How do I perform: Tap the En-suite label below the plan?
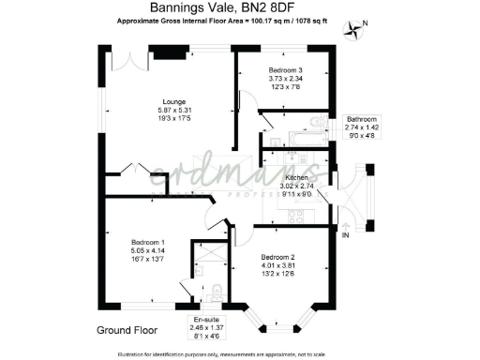[206, 320]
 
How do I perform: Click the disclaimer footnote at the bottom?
[239, 353]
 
